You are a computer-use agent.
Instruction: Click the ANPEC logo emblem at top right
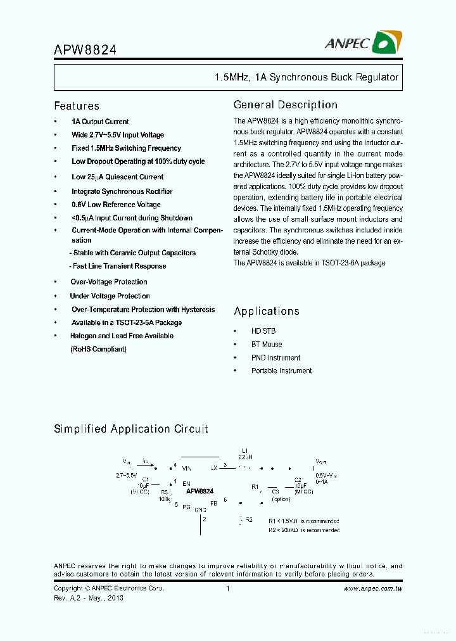(387, 42)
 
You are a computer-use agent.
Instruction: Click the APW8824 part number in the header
(85, 49)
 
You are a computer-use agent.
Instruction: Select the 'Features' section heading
(77, 106)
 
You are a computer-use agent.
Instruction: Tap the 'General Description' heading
(286, 105)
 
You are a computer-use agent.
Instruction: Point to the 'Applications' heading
(267, 311)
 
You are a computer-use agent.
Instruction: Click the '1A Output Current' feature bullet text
(100, 122)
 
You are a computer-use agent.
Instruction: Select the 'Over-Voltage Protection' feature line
(109, 282)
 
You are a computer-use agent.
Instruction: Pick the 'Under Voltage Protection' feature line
(110, 296)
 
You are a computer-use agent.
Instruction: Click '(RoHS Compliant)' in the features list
(98, 349)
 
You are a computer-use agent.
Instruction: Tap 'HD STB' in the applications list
(263, 331)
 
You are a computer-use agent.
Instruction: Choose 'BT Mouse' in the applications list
(267, 345)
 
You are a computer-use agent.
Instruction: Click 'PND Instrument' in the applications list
(275, 358)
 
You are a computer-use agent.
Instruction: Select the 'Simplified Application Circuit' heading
(131, 429)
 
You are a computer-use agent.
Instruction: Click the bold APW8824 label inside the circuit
(199, 491)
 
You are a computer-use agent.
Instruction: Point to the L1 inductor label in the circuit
(244, 450)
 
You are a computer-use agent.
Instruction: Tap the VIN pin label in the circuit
(186, 468)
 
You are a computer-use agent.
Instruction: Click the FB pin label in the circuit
(214, 502)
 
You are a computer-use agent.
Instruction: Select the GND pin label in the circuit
(200, 509)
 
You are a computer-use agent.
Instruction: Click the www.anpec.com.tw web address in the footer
(373, 588)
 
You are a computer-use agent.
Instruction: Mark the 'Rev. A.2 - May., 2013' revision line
(89, 598)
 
